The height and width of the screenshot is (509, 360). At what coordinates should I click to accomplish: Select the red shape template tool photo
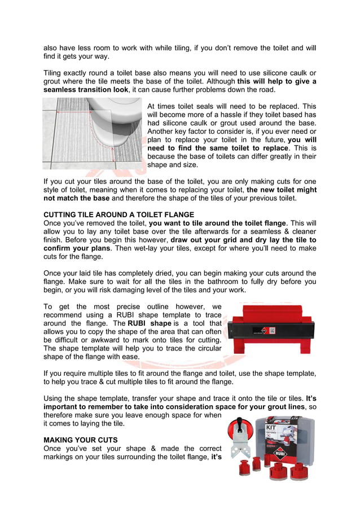pyautogui.click(x=273, y=331)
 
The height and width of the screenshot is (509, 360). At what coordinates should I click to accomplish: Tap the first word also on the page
pyautogui.click(x=52, y=47)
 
